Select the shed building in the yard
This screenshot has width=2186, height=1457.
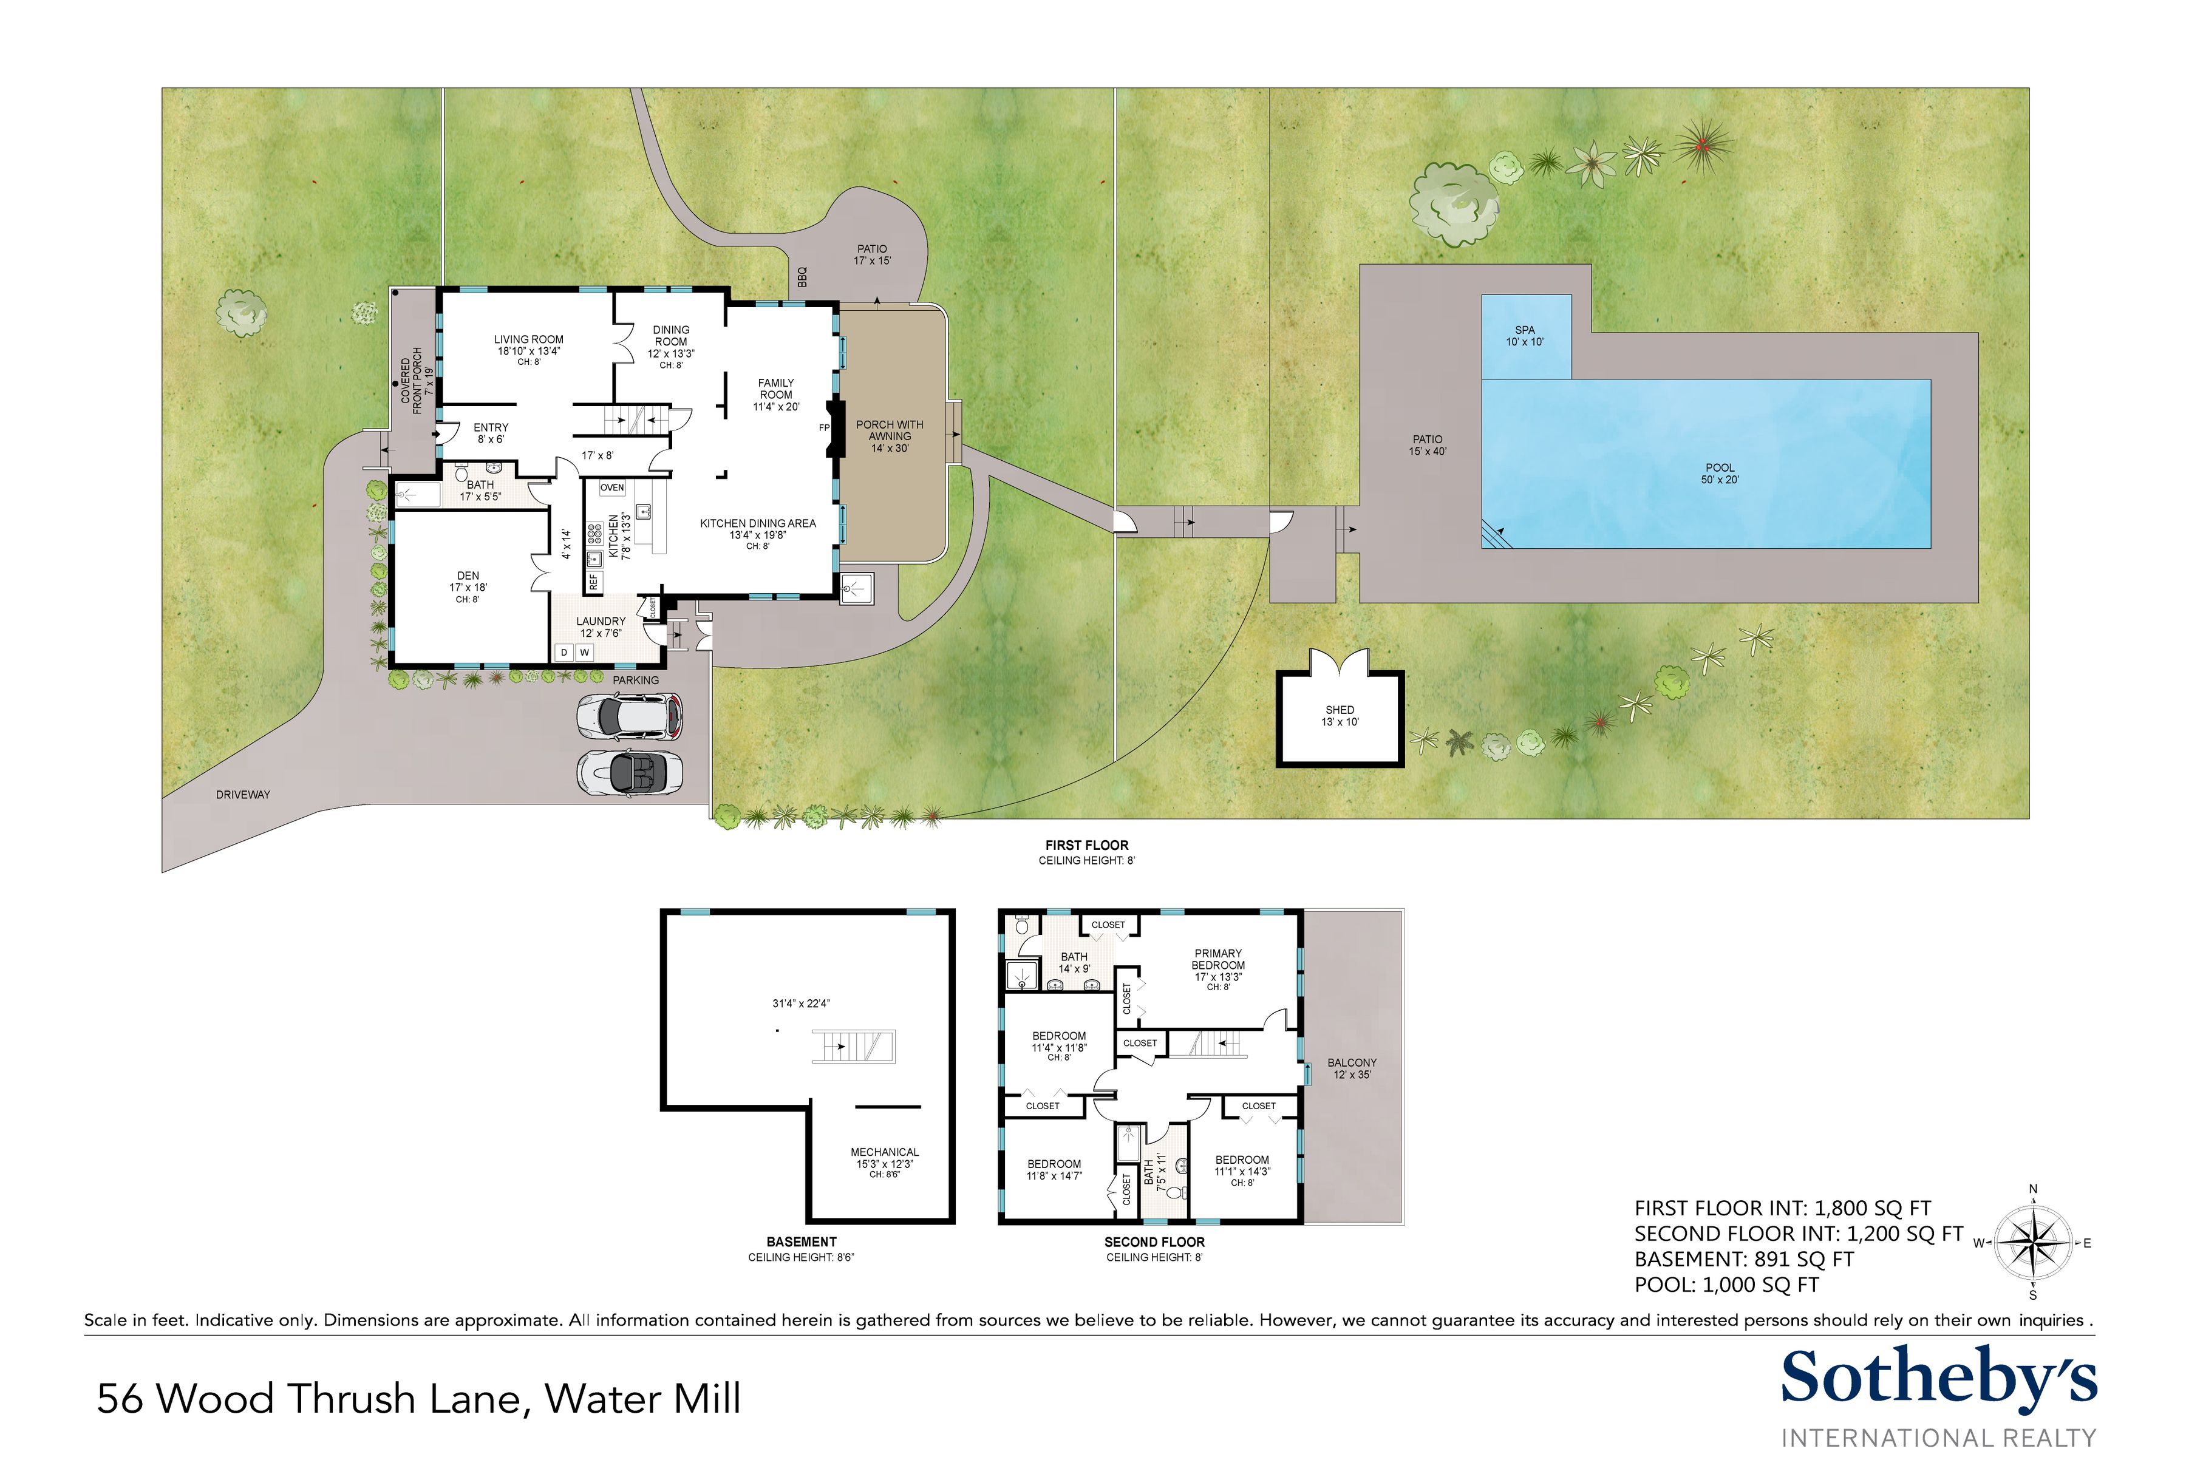pyautogui.click(x=1340, y=718)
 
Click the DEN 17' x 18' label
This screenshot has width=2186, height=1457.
pyautogui.click(x=468, y=587)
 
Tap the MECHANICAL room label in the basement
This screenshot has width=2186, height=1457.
pyautogui.click(x=884, y=1163)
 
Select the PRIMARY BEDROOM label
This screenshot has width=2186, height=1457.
pyautogui.click(x=1217, y=966)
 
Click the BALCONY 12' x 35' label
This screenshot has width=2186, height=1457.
pyautogui.click(x=1352, y=1068)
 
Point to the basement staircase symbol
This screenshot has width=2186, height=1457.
pyautogui.click(x=853, y=1046)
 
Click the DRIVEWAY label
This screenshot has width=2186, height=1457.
pyautogui.click(x=242, y=795)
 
